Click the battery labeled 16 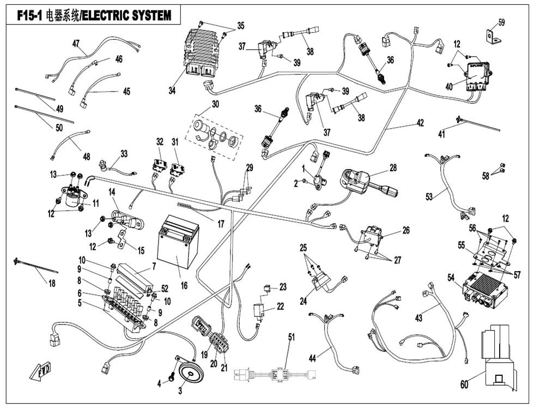tap(178, 245)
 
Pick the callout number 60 tap(464, 385)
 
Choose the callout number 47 tap(76, 43)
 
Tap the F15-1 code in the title tap(25, 16)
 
